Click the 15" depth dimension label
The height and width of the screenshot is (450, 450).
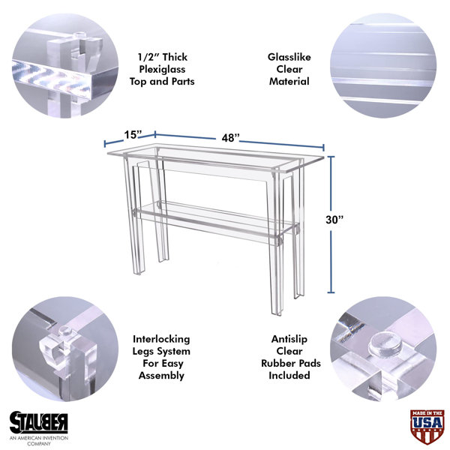coord(133,134)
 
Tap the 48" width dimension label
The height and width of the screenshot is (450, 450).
coord(230,138)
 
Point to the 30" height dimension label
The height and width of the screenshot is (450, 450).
coord(334,220)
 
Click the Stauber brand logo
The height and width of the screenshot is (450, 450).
coord(39,422)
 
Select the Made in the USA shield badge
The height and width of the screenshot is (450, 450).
coord(427,426)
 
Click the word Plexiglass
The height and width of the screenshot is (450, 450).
coord(162,70)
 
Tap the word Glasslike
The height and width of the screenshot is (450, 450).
coord(289,57)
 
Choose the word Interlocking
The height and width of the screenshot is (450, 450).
coord(161,339)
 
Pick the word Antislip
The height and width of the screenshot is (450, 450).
coord(289,339)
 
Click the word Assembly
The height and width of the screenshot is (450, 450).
coord(161,376)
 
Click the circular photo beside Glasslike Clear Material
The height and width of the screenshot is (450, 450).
coord(383,65)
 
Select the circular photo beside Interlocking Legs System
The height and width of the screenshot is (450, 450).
coord(64,349)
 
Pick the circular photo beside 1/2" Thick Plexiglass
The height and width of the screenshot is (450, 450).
coord(64,65)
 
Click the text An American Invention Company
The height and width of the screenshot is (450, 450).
coord(39,440)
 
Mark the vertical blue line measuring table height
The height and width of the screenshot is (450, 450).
coord(331,225)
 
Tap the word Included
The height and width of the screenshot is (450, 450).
coord(289,376)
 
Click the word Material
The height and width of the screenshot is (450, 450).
coord(289,82)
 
